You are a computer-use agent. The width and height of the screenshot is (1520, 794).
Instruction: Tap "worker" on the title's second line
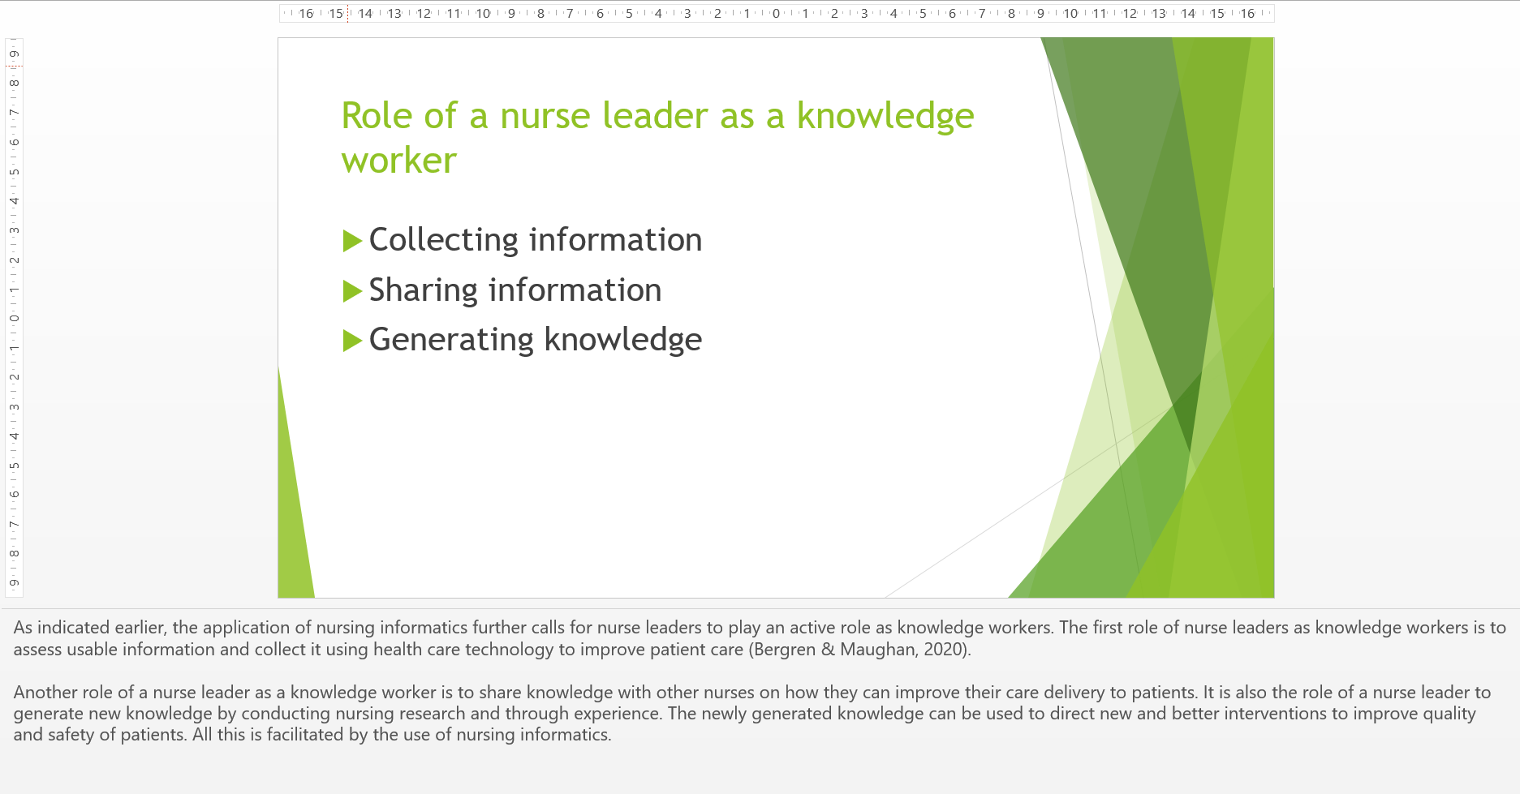[x=398, y=161]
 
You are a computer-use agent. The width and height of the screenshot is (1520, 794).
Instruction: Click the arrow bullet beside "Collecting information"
[x=352, y=241]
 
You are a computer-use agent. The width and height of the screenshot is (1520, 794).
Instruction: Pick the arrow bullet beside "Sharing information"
[x=352, y=291]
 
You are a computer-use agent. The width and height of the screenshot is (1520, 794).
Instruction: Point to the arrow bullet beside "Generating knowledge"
[x=352, y=341]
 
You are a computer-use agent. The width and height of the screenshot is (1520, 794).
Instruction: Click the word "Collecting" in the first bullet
[x=443, y=240]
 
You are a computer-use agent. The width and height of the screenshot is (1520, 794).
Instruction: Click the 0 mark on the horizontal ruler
[x=776, y=14]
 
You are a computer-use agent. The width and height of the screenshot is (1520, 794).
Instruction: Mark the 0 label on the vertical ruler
[x=14, y=318]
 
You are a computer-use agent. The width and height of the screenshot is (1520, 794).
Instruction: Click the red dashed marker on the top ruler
[x=348, y=14]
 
